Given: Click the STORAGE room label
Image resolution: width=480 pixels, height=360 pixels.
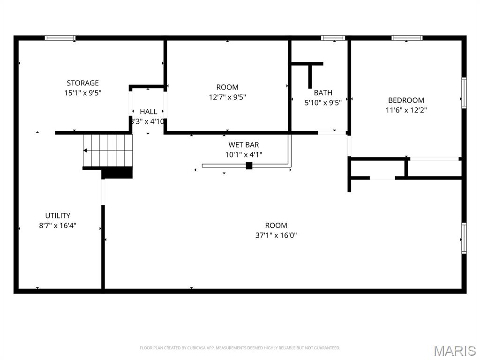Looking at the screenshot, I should pos(82,83).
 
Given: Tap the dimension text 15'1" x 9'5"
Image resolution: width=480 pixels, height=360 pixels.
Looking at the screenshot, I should pos(82,93).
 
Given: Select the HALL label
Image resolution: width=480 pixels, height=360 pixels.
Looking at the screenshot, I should pos(149,112).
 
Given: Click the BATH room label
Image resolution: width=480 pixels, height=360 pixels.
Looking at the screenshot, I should pos(323,93).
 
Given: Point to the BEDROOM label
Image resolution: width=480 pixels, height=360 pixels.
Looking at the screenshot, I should pos(406,100).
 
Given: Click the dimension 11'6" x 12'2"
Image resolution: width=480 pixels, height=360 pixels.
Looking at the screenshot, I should pos(406,110).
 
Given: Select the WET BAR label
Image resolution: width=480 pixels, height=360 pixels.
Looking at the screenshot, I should pos(243,145).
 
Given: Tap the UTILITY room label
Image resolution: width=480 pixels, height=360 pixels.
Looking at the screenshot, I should pos(58,216).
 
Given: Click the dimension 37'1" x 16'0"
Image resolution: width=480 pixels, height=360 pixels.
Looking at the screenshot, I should pos(276,235).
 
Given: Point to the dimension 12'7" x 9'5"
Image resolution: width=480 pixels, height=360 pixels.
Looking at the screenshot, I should pos(227,97).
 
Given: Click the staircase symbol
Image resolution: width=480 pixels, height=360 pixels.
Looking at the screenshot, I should pos(108,150).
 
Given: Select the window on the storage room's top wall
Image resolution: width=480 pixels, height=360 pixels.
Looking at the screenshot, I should pos(60,38).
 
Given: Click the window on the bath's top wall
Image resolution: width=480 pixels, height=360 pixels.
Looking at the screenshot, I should pos(333,38).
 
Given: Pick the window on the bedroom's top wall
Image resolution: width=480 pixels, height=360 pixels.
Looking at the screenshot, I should pos(407,38).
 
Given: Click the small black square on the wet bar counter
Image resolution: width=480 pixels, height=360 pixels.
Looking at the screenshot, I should pos(249,165).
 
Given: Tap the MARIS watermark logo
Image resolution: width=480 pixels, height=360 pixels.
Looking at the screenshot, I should pos(454,351).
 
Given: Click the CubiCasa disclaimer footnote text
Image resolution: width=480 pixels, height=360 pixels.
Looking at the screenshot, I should pos(240,348).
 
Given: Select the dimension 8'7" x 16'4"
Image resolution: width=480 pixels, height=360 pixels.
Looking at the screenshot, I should pos(58,225).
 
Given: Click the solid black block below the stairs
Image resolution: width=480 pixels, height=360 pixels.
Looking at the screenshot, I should pos(117,173).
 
